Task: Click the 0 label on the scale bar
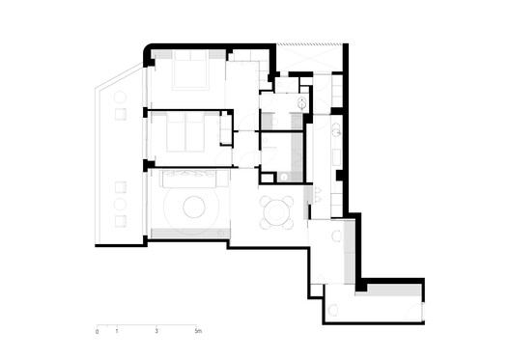tap(97, 332)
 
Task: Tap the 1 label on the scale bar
tap(117, 332)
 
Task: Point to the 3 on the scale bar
tap(156, 332)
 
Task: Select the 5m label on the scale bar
tap(198, 332)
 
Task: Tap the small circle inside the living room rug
tap(191, 207)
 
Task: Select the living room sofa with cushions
tap(189, 178)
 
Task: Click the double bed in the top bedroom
tap(188, 69)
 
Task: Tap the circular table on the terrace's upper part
tap(120, 97)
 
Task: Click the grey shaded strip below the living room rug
tap(189, 234)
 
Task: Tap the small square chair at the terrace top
tap(120, 114)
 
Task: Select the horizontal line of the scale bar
tap(147, 324)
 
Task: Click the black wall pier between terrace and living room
tap(148, 166)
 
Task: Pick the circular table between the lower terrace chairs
tap(120, 205)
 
